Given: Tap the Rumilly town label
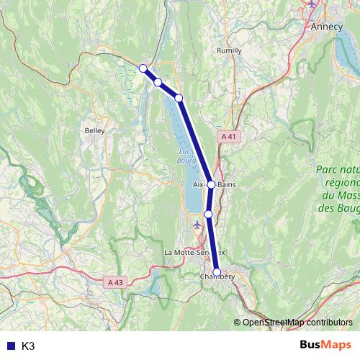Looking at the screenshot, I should coord(230,50).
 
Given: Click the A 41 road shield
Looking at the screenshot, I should coord(228,136).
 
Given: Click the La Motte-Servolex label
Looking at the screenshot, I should coord(194,253).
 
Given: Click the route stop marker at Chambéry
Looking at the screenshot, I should coord(217,272).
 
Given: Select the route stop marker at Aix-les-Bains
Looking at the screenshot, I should coord(211,184).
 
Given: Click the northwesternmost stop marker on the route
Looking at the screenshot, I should coord(143,68).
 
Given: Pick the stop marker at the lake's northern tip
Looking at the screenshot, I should coord(179,98).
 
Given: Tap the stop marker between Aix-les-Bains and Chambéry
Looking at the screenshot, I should coord(208,214).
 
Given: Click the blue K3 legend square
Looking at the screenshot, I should coord(9,346).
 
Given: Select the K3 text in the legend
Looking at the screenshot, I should coord(28,346).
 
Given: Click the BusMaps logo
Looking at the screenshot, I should coord(325,345).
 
